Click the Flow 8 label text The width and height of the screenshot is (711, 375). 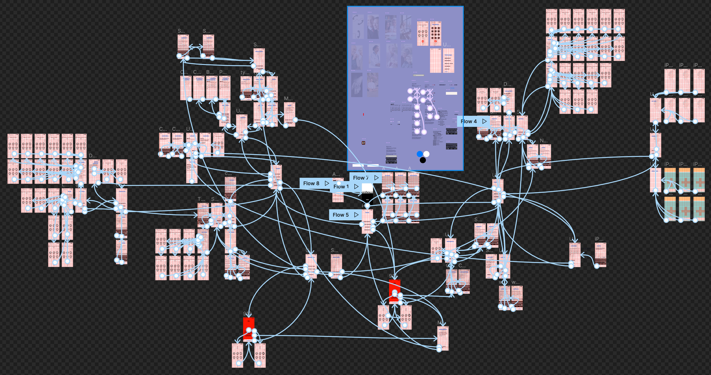pos(311,184)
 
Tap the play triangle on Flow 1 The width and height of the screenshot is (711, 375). pos(356,187)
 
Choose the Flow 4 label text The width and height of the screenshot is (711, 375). pos(468,121)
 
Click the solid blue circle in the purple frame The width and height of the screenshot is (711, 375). pos(419,154)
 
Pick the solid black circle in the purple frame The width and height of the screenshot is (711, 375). pos(423,160)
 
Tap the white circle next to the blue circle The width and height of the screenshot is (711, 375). pos(426,154)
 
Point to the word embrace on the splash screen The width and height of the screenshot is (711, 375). pos(367,192)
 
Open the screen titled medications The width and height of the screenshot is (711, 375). pos(443,338)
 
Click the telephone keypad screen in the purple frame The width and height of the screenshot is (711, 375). pos(435,34)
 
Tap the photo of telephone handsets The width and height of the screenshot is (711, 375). pos(358,26)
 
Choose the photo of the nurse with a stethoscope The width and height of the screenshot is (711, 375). pos(374,56)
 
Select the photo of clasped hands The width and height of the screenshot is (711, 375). pos(357,85)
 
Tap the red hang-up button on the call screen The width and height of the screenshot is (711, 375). pos(423,42)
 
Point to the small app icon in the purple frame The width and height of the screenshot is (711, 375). pos(363,143)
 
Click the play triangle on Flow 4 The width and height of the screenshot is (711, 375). pos(484,121)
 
